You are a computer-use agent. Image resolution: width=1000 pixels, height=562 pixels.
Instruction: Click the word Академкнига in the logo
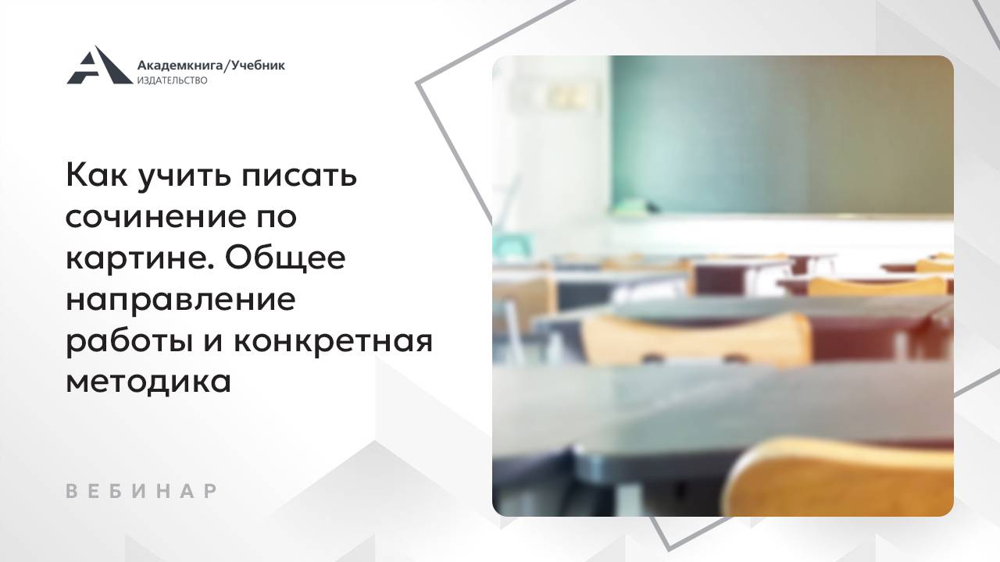180,66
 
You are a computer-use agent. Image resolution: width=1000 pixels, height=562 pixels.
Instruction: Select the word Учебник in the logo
259,66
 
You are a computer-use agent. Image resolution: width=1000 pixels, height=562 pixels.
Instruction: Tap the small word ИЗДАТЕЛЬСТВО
172,80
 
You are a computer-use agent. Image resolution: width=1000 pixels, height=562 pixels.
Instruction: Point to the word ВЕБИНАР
141,492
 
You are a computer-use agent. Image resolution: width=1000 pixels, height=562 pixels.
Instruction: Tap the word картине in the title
133,259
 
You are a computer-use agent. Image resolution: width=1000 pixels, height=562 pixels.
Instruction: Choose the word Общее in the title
287,259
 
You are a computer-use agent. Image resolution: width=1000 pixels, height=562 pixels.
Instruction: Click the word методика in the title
148,383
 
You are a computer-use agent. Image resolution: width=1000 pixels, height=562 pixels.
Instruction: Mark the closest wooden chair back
844,480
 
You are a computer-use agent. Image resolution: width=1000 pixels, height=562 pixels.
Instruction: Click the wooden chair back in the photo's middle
695,340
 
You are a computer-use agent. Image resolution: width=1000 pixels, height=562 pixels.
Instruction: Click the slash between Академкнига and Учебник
227,66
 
